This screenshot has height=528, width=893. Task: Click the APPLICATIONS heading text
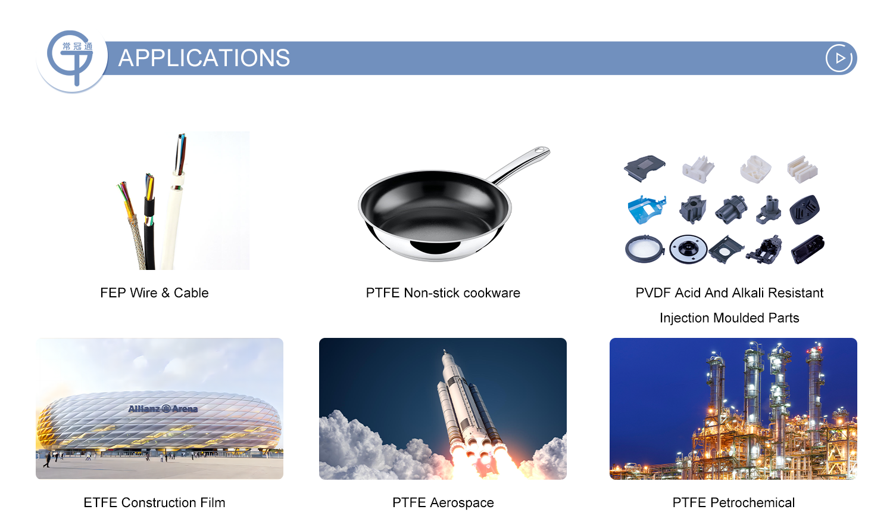(204, 58)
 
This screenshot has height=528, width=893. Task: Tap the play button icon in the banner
(839, 58)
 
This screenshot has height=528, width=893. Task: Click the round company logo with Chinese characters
(72, 59)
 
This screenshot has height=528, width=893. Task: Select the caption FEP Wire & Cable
(154, 293)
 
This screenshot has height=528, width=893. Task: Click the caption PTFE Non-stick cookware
(443, 293)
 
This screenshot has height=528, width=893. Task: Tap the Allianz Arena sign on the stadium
(163, 409)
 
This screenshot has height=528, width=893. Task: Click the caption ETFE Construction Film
(154, 502)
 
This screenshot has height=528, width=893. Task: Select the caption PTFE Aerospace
(443, 502)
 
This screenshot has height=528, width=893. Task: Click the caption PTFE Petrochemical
(733, 502)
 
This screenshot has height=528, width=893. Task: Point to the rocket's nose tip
(445, 350)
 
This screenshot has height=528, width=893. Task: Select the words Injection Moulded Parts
(729, 318)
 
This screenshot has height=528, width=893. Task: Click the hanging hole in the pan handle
(541, 150)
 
